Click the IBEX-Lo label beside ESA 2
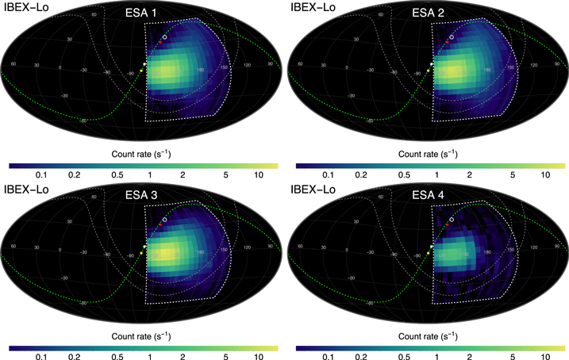[x=313, y=7]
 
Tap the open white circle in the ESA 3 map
[x=164, y=219]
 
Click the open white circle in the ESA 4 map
[x=452, y=219]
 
